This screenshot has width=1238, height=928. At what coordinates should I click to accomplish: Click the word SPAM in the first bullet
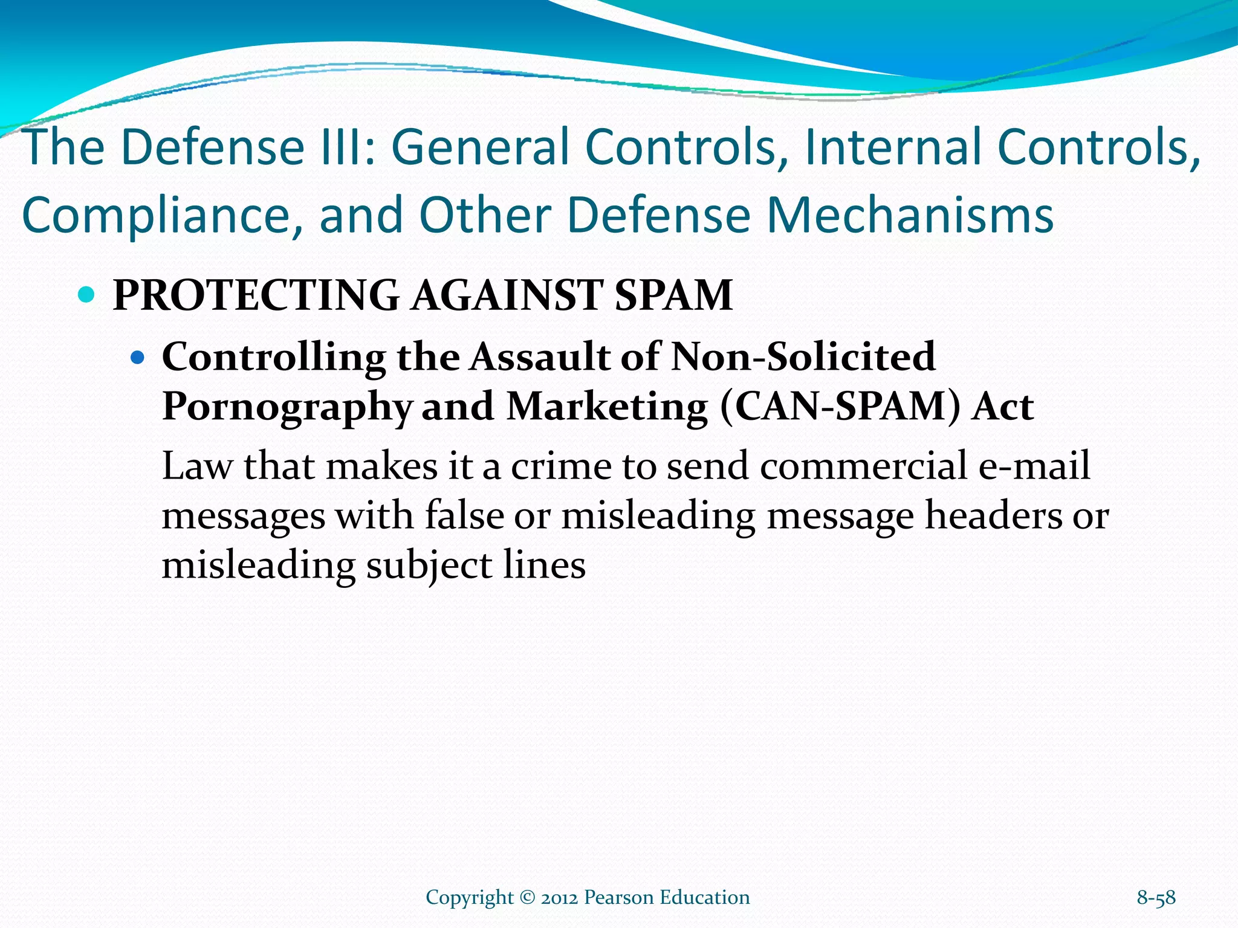tap(673, 295)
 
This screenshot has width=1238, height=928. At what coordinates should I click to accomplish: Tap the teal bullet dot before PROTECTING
tap(88, 295)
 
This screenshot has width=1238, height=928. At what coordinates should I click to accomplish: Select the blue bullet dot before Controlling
tap(138, 358)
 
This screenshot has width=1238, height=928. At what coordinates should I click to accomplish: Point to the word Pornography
tap(287, 407)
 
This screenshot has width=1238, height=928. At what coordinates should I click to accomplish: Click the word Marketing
tap(607, 407)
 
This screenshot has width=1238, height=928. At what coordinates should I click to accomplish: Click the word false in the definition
tap(464, 516)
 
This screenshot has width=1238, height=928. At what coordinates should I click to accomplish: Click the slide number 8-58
tap(1156, 898)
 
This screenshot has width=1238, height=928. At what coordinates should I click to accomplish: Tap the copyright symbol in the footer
tap(527, 898)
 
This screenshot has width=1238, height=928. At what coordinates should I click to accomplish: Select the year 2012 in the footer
tap(559, 898)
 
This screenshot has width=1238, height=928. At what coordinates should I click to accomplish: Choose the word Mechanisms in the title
tap(910, 216)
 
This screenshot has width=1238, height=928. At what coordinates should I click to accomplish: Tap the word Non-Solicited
tap(803, 356)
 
